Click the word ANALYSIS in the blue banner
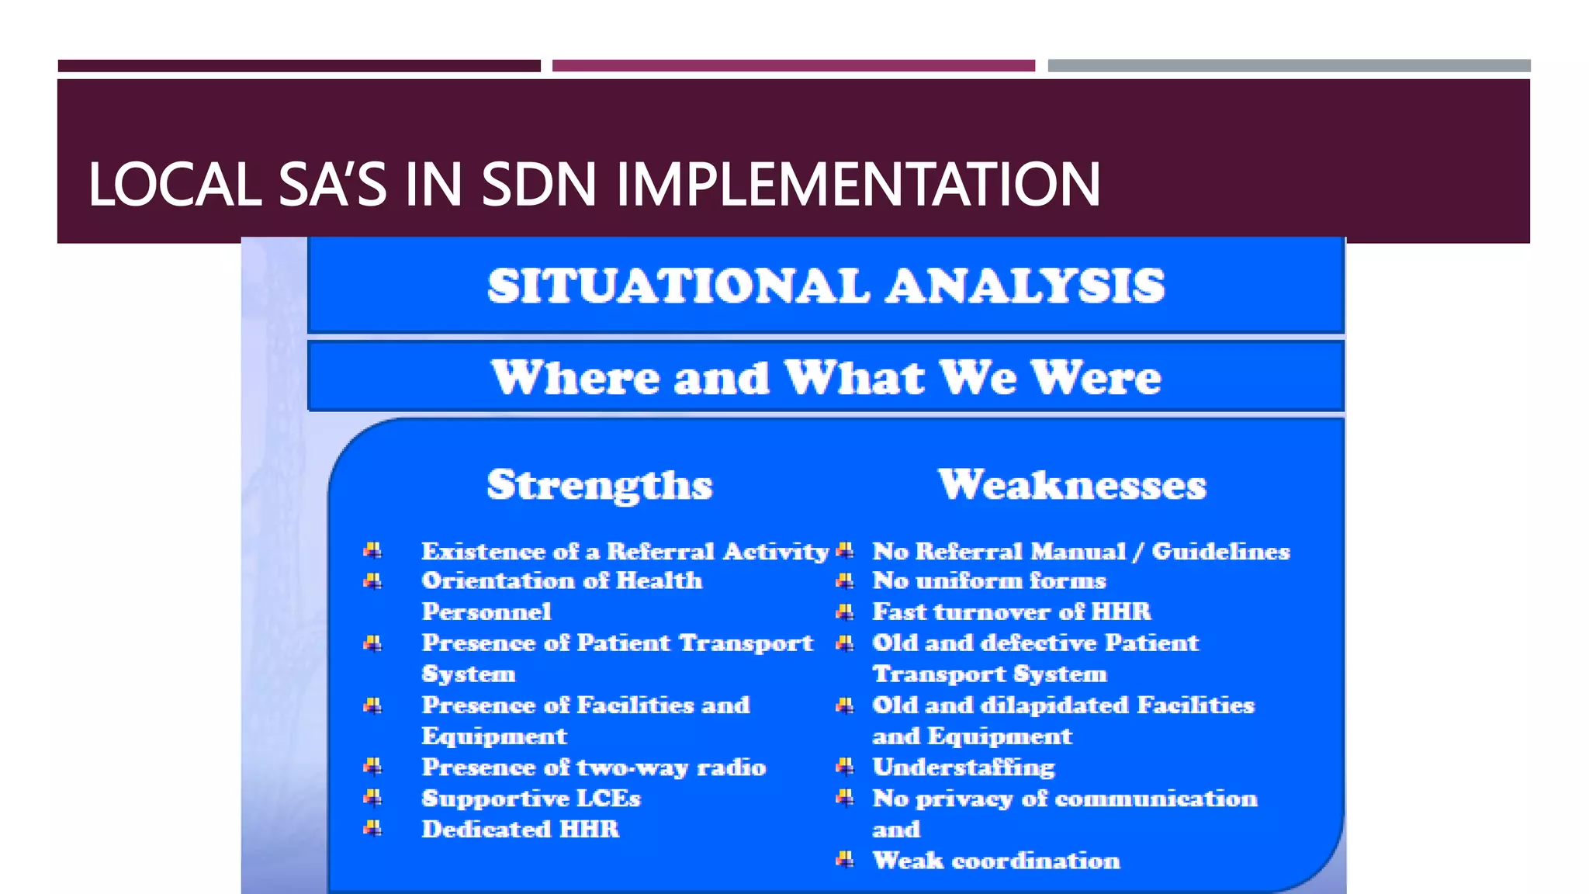point(1025,286)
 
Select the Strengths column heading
point(599,485)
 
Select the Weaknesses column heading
point(1072,485)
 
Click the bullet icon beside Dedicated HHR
point(372,829)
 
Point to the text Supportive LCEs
point(531,799)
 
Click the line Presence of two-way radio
point(594,768)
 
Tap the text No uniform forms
point(989,581)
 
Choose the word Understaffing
point(964,768)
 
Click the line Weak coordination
point(996,861)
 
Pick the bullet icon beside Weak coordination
point(845,860)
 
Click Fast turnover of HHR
point(1012,612)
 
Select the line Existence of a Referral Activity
point(625,551)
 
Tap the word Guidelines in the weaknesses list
point(1220,551)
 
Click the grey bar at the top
point(1289,66)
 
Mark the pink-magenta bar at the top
point(793,66)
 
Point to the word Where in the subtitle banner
point(575,378)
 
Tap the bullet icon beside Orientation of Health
point(372,581)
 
